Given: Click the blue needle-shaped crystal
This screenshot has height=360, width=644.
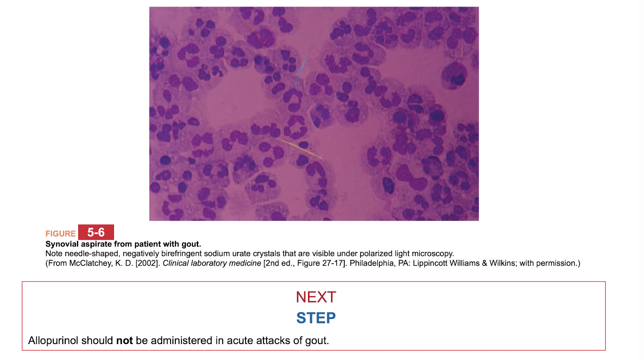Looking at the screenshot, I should (x=301, y=70).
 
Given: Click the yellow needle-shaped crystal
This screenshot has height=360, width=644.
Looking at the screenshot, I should (x=300, y=149).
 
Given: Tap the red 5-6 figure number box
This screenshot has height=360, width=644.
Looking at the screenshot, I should (x=96, y=232).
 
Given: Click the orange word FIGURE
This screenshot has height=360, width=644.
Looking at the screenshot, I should (x=61, y=234).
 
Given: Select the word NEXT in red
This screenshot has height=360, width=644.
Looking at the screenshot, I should (x=316, y=297).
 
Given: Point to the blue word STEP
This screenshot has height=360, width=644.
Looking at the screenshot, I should (x=316, y=318).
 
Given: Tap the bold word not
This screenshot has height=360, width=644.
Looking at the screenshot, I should (x=124, y=340).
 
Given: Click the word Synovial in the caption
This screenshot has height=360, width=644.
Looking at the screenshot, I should (x=62, y=244).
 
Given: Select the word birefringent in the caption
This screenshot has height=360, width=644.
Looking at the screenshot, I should (x=181, y=254).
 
